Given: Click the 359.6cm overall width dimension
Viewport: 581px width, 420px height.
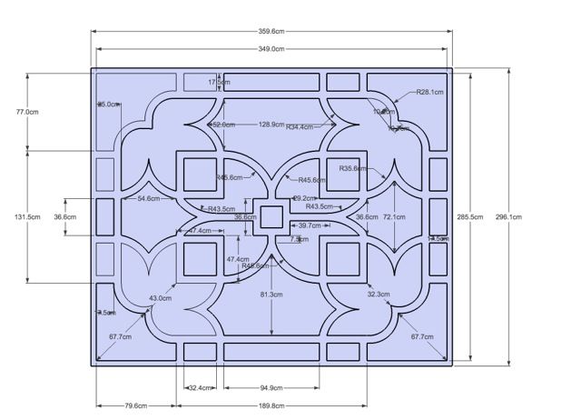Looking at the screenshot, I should pyautogui.click(x=271, y=32).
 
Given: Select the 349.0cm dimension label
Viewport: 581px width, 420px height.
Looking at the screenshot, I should pyautogui.click(x=271, y=49).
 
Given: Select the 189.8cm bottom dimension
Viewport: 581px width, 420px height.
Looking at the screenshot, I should pyautogui.click(x=271, y=405).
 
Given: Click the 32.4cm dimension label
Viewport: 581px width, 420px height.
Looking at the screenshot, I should pyautogui.click(x=201, y=388).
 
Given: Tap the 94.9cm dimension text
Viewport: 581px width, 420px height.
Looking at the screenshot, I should pyautogui.click(x=271, y=388).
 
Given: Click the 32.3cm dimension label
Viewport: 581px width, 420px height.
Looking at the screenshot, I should pyautogui.click(x=379, y=294).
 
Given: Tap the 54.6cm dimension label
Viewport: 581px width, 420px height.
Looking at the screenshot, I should pyautogui.click(x=149, y=198).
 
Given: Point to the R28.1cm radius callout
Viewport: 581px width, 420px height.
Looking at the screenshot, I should pyautogui.click(x=429, y=92).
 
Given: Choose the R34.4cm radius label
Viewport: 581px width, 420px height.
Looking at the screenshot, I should pyautogui.click(x=300, y=126).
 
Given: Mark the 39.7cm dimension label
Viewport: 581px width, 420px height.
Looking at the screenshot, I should pyautogui.click(x=310, y=225).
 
